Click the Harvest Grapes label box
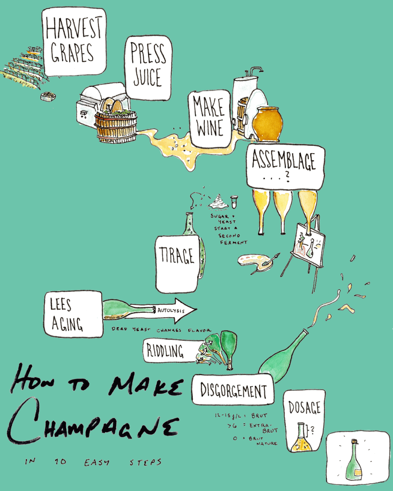click(x=74, y=41)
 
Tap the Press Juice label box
click(x=148, y=68)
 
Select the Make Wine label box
click(x=209, y=119)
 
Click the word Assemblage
click(x=284, y=160)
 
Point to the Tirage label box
click(x=177, y=263)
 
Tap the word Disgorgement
click(x=233, y=390)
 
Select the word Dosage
click(x=304, y=407)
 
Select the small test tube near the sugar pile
click(x=234, y=202)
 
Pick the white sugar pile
click(x=218, y=202)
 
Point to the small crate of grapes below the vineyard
click(x=48, y=96)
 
